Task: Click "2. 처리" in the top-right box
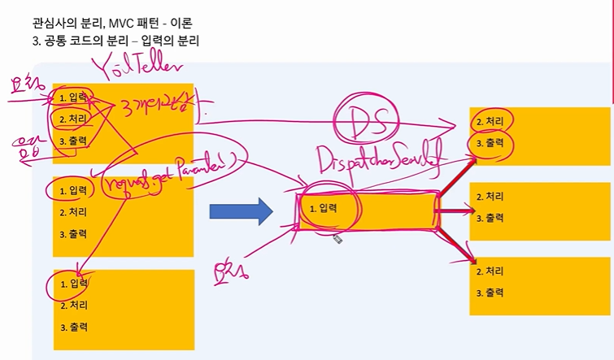490,121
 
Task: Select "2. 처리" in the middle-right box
490,196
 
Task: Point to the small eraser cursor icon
337,239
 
